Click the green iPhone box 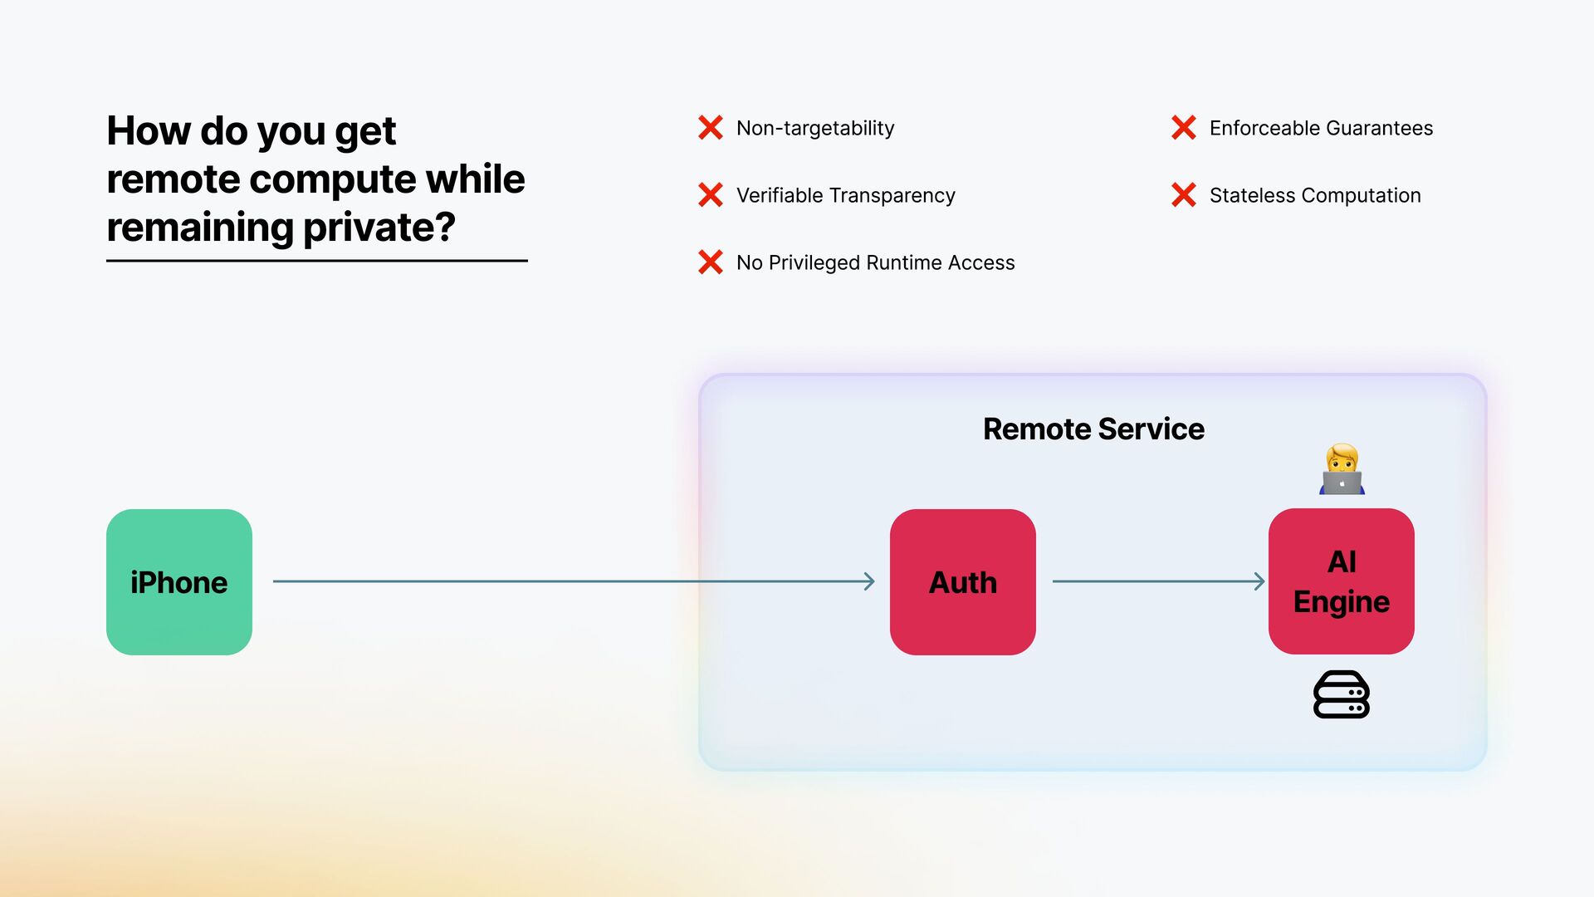(178, 582)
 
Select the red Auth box (962, 582)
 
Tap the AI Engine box (1341, 581)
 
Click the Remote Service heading (1093, 429)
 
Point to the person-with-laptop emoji (1342, 470)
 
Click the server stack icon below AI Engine (1341, 694)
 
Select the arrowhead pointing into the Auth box (869, 581)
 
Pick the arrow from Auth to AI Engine (1158, 581)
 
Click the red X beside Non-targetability (711, 128)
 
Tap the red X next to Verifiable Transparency (711, 195)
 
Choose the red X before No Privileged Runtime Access (711, 262)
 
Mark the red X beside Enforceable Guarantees (1184, 128)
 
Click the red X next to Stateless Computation (1184, 195)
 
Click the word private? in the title (379, 228)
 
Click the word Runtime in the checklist (904, 263)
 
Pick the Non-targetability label (815, 129)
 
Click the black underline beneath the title (316, 261)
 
